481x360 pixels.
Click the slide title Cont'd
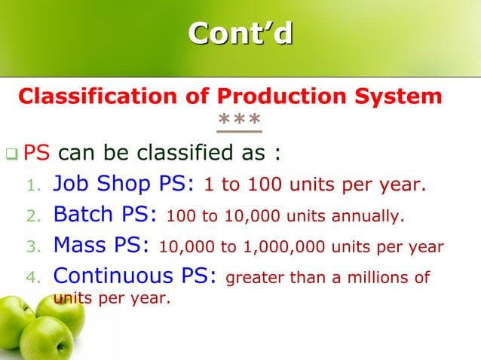(x=240, y=34)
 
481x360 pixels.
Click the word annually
(x=364, y=217)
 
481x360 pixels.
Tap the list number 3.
(x=32, y=247)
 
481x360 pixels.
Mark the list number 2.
(x=32, y=217)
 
